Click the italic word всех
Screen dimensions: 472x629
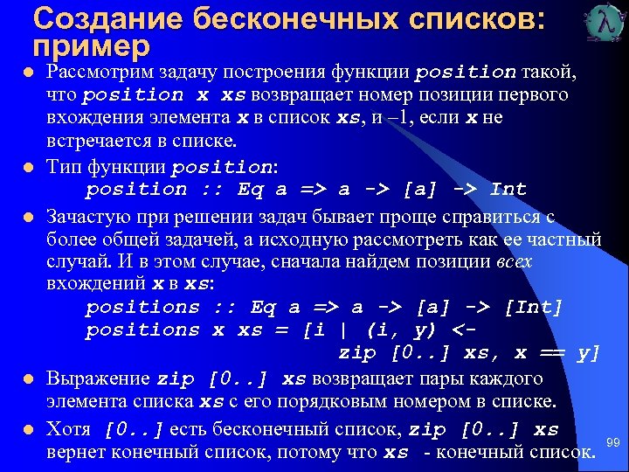pyautogui.click(x=513, y=261)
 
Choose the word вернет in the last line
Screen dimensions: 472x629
pyautogui.click(x=74, y=453)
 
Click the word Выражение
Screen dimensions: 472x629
pyautogui.click(x=98, y=379)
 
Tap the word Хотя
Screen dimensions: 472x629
pyautogui.click(x=69, y=430)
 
